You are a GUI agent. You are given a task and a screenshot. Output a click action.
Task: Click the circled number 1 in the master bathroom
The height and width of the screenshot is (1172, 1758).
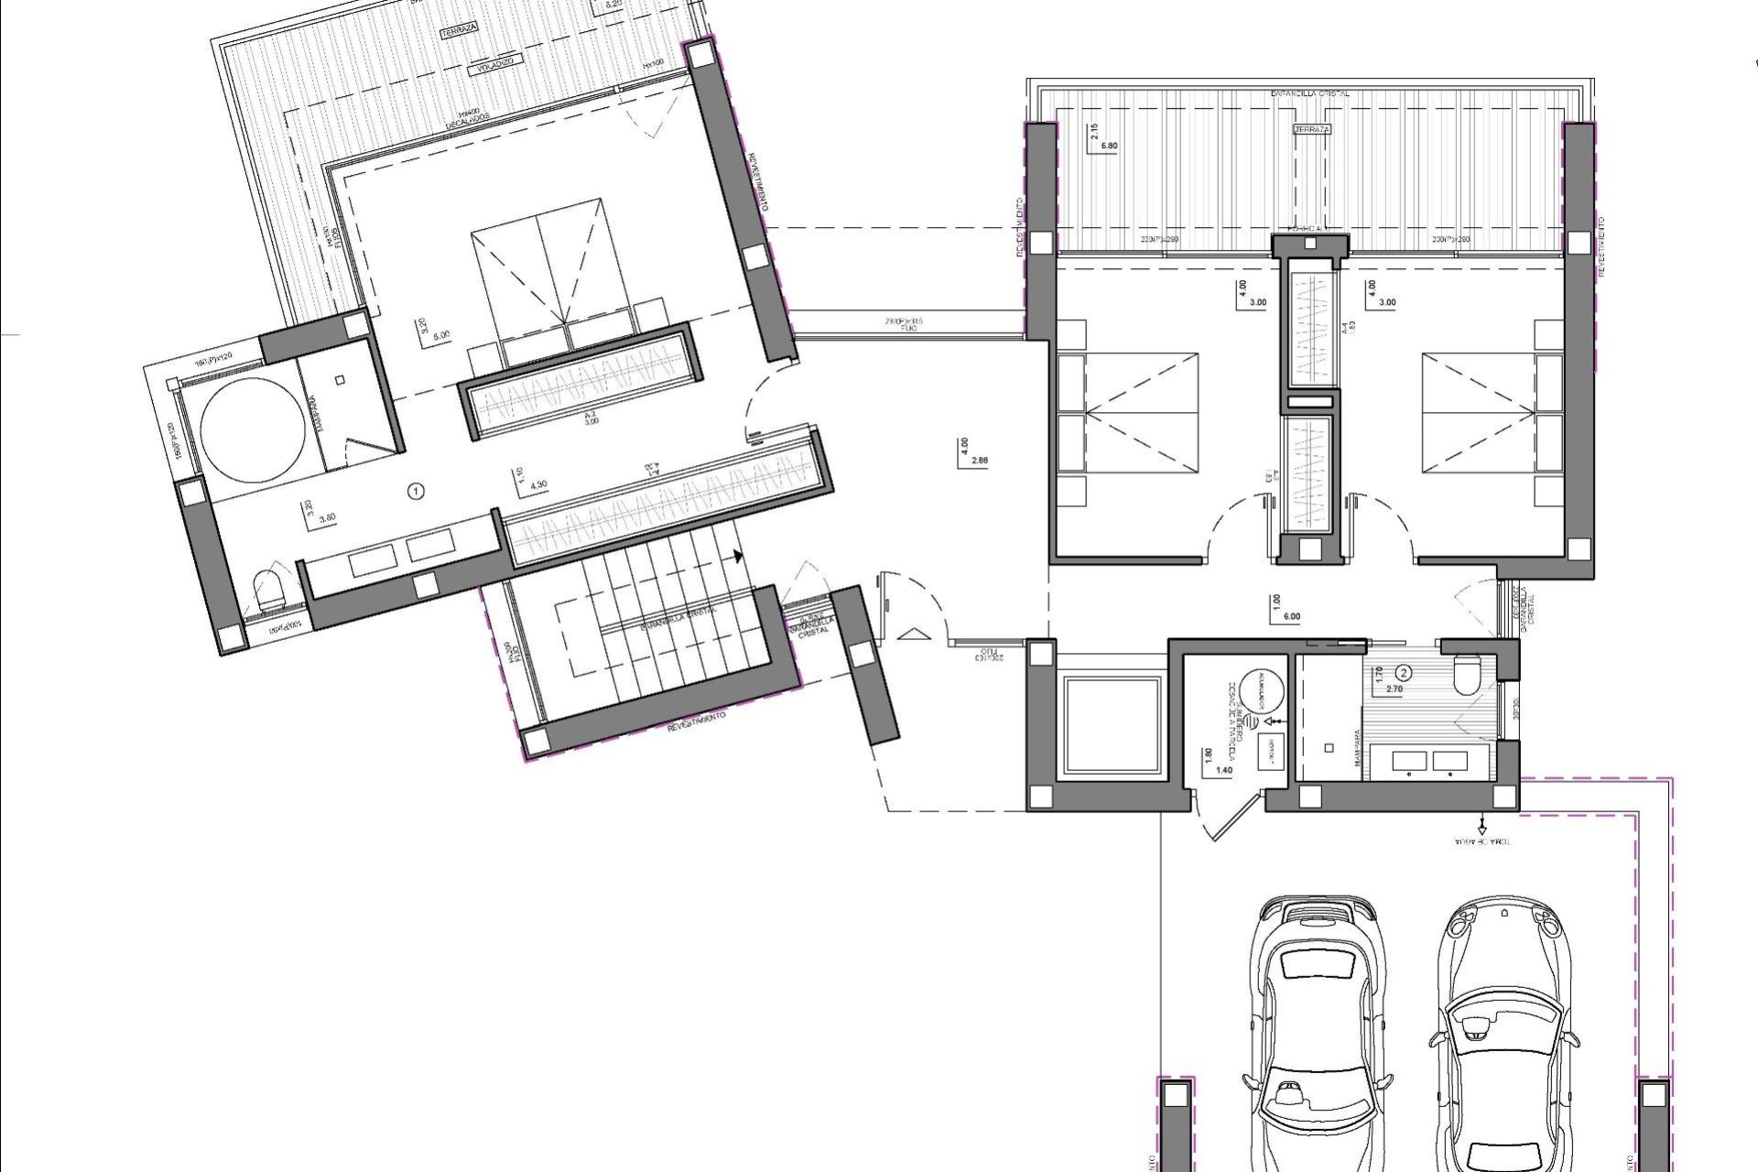tap(417, 492)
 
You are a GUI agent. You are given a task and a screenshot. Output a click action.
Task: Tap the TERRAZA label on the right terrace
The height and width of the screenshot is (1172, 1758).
tap(1311, 129)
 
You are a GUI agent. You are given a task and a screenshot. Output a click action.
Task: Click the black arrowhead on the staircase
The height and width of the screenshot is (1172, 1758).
tap(737, 555)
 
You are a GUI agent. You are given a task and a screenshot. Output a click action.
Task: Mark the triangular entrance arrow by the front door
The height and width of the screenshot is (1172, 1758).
tap(912, 634)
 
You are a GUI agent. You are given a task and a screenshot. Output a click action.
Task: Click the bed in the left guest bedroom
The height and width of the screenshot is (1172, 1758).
tap(1128, 414)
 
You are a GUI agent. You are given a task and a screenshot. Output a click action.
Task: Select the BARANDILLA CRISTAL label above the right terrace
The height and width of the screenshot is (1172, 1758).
tap(1310, 93)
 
